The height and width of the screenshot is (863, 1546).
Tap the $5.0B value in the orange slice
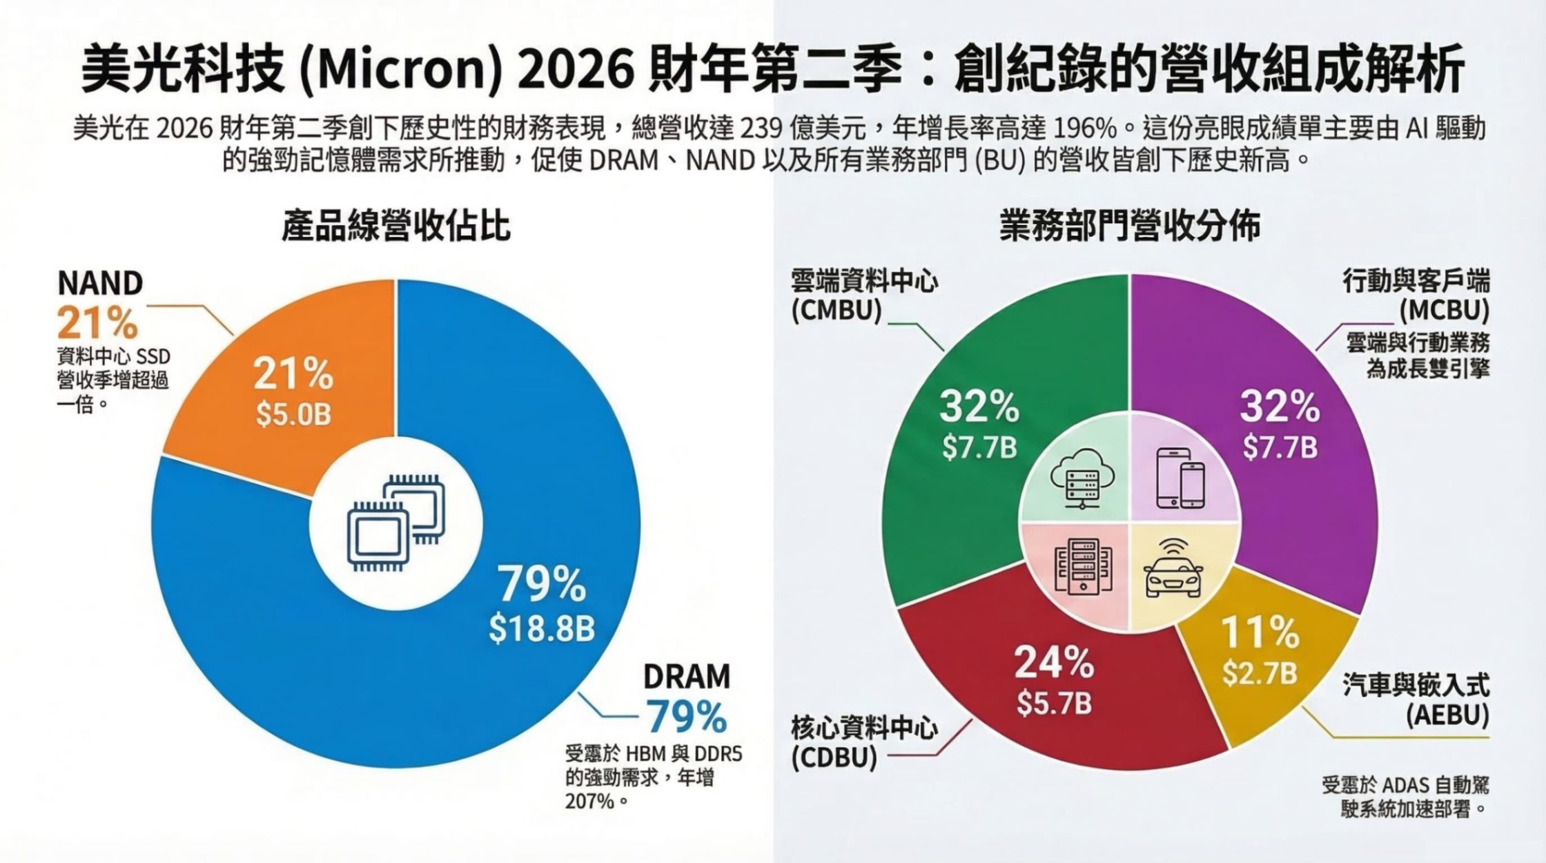click(293, 414)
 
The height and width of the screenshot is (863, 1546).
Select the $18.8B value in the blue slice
click(542, 629)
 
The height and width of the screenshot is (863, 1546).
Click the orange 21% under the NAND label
click(98, 322)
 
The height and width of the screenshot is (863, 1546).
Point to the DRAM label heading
click(686, 677)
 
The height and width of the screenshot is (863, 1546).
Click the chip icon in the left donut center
click(396, 522)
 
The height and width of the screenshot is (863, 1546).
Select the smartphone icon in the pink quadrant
click(1180, 478)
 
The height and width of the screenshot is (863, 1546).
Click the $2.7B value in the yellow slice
click(1260, 673)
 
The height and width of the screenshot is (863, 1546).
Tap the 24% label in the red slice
click(1053, 663)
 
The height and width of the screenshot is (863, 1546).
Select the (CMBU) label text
click(836, 311)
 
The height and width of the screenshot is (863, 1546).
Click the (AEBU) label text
click(1447, 716)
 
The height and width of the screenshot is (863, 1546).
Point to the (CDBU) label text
click(834, 757)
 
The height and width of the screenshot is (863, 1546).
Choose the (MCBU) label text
click(1444, 311)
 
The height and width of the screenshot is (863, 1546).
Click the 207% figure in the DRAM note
click(589, 802)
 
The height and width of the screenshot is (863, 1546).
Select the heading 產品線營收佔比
click(396, 226)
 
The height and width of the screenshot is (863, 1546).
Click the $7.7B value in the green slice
click(979, 447)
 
